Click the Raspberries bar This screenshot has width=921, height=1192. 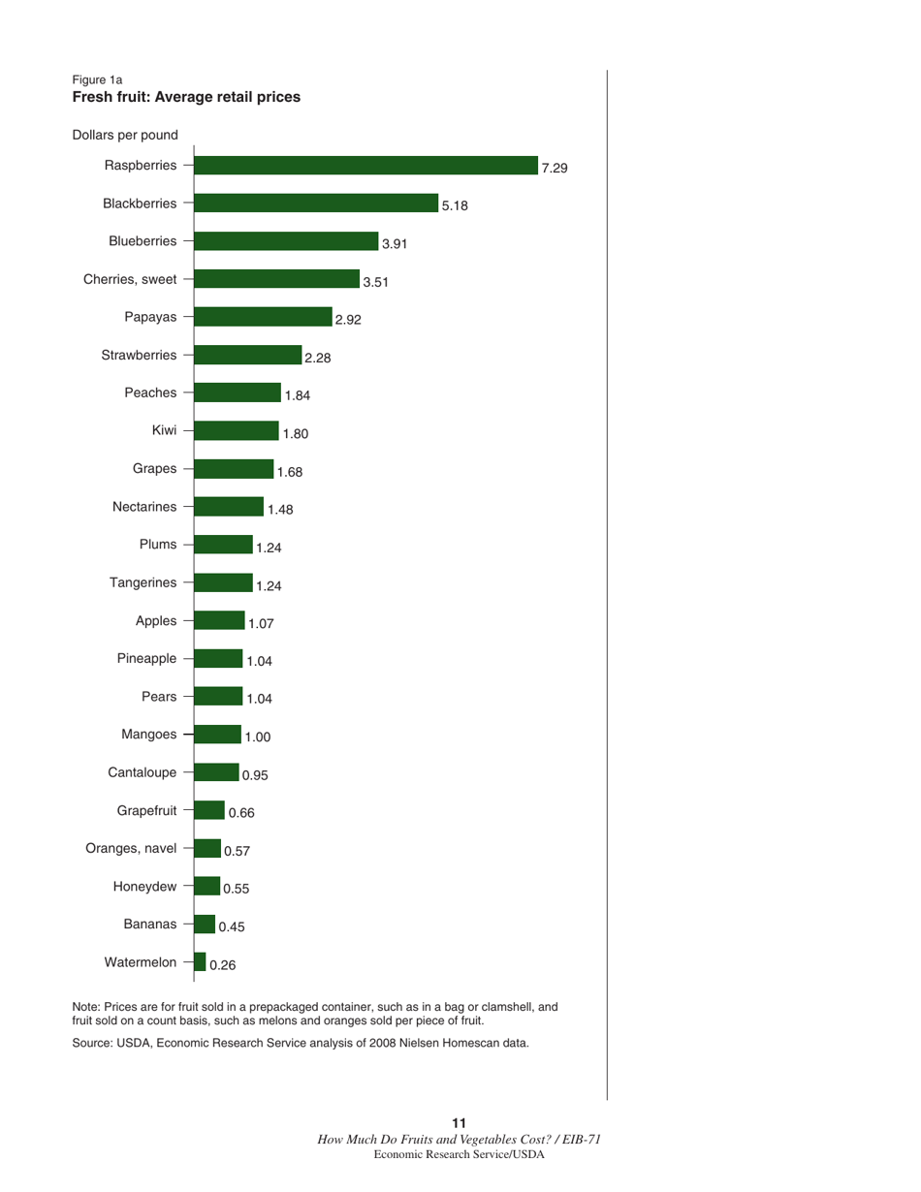click(366, 166)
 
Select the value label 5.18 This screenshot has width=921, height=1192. click(455, 205)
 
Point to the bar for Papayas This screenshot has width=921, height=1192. click(263, 317)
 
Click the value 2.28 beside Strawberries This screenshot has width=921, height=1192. click(318, 358)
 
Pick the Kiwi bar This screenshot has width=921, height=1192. click(237, 430)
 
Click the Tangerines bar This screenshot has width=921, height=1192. click(223, 582)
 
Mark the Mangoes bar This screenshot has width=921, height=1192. click(217, 734)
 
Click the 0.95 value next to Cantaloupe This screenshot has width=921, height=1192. click(255, 774)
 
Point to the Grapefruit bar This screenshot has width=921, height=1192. click(209, 810)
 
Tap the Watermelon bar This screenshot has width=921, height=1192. click(200, 961)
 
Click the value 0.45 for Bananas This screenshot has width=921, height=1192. click(232, 926)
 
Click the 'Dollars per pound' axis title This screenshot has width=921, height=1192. click(124, 135)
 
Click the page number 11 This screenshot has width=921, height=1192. click(460, 1122)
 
